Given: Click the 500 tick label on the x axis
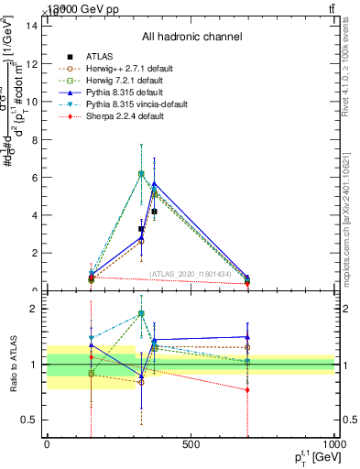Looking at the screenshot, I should pyautogui.click(x=191, y=446).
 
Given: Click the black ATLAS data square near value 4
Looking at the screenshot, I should pyautogui.click(x=154, y=212).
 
